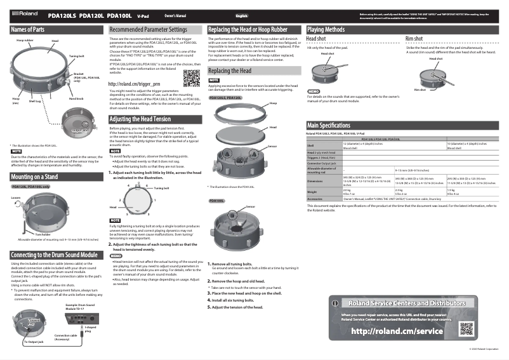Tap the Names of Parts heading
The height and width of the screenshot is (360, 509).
coord(28,30)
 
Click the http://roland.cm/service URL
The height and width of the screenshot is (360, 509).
coord(396,331)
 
